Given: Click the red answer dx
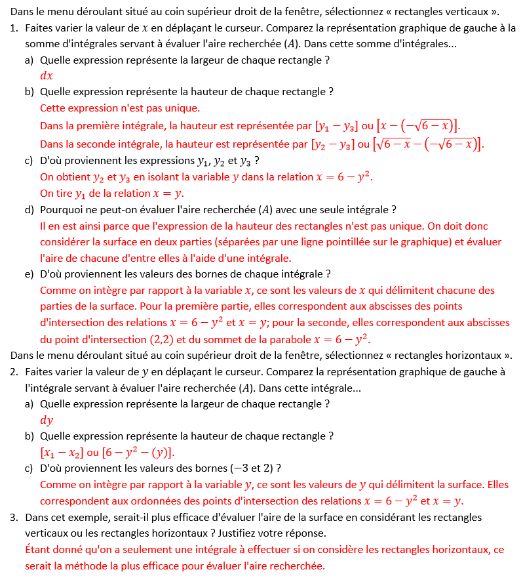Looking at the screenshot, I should coord(47,75).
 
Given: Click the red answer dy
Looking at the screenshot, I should coord(47,421).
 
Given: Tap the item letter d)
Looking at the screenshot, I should coord(29,210).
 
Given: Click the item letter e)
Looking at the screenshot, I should coord(29,274).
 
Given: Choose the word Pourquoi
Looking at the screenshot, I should coord(61,210).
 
